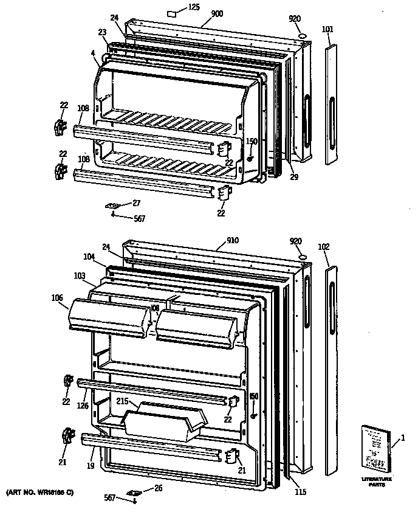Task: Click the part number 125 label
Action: pos(193,7)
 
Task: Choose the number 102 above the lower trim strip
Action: pos(324,246)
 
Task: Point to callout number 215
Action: pos(123,402)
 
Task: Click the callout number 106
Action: pos(57,297)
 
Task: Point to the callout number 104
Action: pos(89,257)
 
